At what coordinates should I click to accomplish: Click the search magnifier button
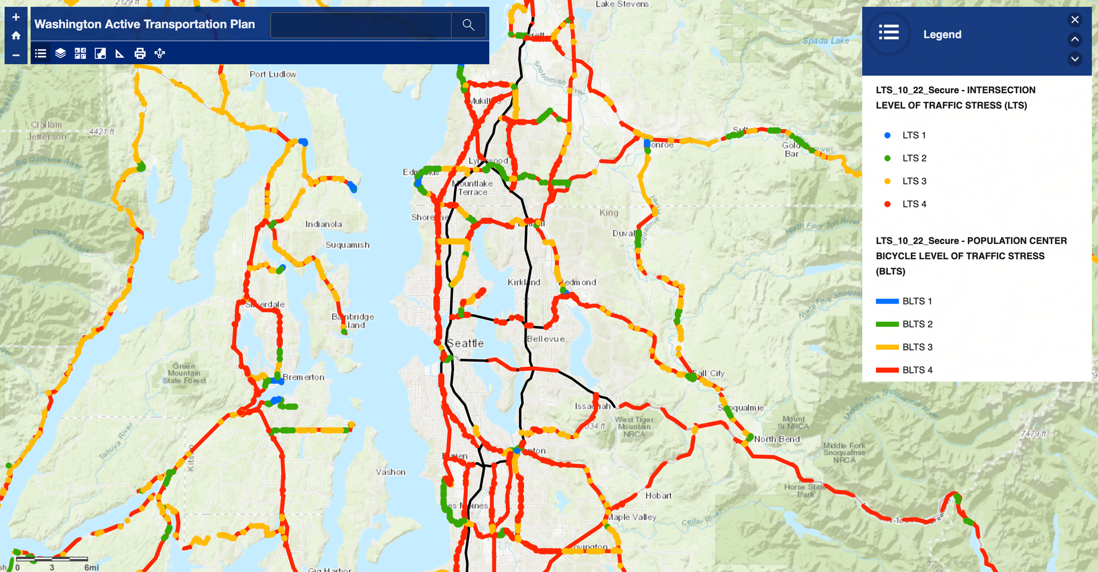click(x=468, y=25)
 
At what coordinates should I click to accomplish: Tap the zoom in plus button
click(x=16, y=17)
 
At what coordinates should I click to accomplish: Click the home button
click(x=16, y=36)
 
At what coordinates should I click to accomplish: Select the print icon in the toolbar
click(x=140, y=53)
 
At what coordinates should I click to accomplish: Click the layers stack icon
click(x=60, y=53)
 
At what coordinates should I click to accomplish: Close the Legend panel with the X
click(x=1075, y=20)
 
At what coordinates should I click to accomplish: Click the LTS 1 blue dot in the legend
click(x=887, y=135)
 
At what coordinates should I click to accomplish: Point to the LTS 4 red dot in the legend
click(x=887, y=204)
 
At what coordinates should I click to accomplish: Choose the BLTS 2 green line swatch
click(x=887, y=324)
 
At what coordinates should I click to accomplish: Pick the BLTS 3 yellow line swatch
click(x=887, y=347)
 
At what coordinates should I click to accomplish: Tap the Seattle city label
click(x=466, y=343)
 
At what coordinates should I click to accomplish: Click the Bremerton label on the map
click(x=304, y=377)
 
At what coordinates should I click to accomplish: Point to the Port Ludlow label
click(x=273, y=74)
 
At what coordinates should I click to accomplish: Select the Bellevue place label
click(x=546, y=339)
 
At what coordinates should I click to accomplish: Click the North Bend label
click(x=777, y=439)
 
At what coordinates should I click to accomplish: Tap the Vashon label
click(x=391, y=472)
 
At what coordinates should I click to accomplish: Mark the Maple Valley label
click(x=632, y=517)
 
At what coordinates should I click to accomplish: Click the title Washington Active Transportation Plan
click(x=145, y=24)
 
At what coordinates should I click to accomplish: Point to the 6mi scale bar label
click(x=92, y=568)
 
